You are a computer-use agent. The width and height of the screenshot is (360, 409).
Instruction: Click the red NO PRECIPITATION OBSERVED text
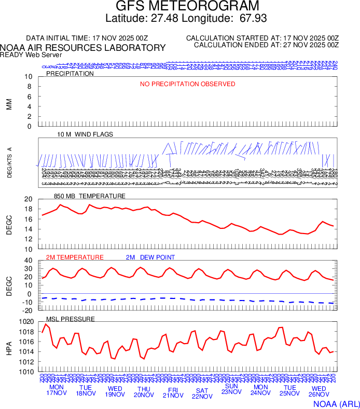tap(187, 84)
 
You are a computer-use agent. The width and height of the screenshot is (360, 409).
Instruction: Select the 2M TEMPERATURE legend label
tap(75, 257)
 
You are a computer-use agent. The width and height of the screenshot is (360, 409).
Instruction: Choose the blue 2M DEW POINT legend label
tap(150, 257)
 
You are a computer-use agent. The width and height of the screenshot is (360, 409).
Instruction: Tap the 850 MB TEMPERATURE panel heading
tap(90, 196)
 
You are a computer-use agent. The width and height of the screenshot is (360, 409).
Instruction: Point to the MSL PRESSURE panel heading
tap(71, 319)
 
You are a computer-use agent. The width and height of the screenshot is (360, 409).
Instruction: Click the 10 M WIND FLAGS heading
tap(85, 134)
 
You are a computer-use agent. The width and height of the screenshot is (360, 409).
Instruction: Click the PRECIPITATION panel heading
tap(70, 74)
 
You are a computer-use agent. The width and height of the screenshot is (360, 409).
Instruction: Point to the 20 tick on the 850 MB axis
tap(28, 199)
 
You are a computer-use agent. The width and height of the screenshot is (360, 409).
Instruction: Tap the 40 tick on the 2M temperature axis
tap(28, 261)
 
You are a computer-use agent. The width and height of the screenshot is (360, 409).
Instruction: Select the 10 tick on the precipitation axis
tap(28, 77)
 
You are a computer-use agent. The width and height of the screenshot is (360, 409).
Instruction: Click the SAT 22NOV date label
tap(202, 393)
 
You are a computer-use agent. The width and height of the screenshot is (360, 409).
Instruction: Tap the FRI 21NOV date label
tap(173, 393)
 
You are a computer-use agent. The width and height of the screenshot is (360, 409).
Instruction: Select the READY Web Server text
tap(31, 54)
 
